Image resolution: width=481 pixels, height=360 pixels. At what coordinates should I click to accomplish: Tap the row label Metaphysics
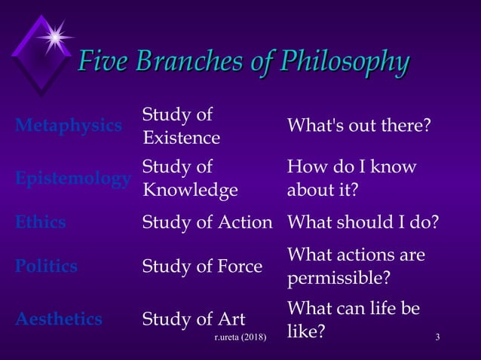pos(69,125)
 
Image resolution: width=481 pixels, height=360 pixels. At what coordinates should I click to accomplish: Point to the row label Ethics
pos(41,222)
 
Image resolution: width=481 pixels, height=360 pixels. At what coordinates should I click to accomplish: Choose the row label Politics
pos(46,266)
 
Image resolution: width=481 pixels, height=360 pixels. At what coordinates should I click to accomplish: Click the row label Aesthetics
pos(59,319)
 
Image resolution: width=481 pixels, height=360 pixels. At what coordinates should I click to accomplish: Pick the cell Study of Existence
pos(181,127)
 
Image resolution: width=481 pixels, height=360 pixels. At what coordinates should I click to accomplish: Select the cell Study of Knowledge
pos(189,178)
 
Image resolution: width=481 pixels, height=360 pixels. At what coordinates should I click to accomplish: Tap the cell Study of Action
pos(207,222)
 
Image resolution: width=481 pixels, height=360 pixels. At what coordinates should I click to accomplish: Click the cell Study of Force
pos(202,266)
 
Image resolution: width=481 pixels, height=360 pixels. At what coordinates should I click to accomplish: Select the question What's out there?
pos(359,126)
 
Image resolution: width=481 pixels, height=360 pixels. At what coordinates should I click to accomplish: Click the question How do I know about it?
pos(351,178)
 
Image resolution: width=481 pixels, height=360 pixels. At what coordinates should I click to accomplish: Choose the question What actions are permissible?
pos(356,267)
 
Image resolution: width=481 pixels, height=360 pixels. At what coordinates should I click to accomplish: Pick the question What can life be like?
pos(353,319)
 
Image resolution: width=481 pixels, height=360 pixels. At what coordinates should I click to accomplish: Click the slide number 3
pos(437,335)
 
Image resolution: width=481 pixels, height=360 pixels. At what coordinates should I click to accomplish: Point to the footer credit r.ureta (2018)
pos(240,336)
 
